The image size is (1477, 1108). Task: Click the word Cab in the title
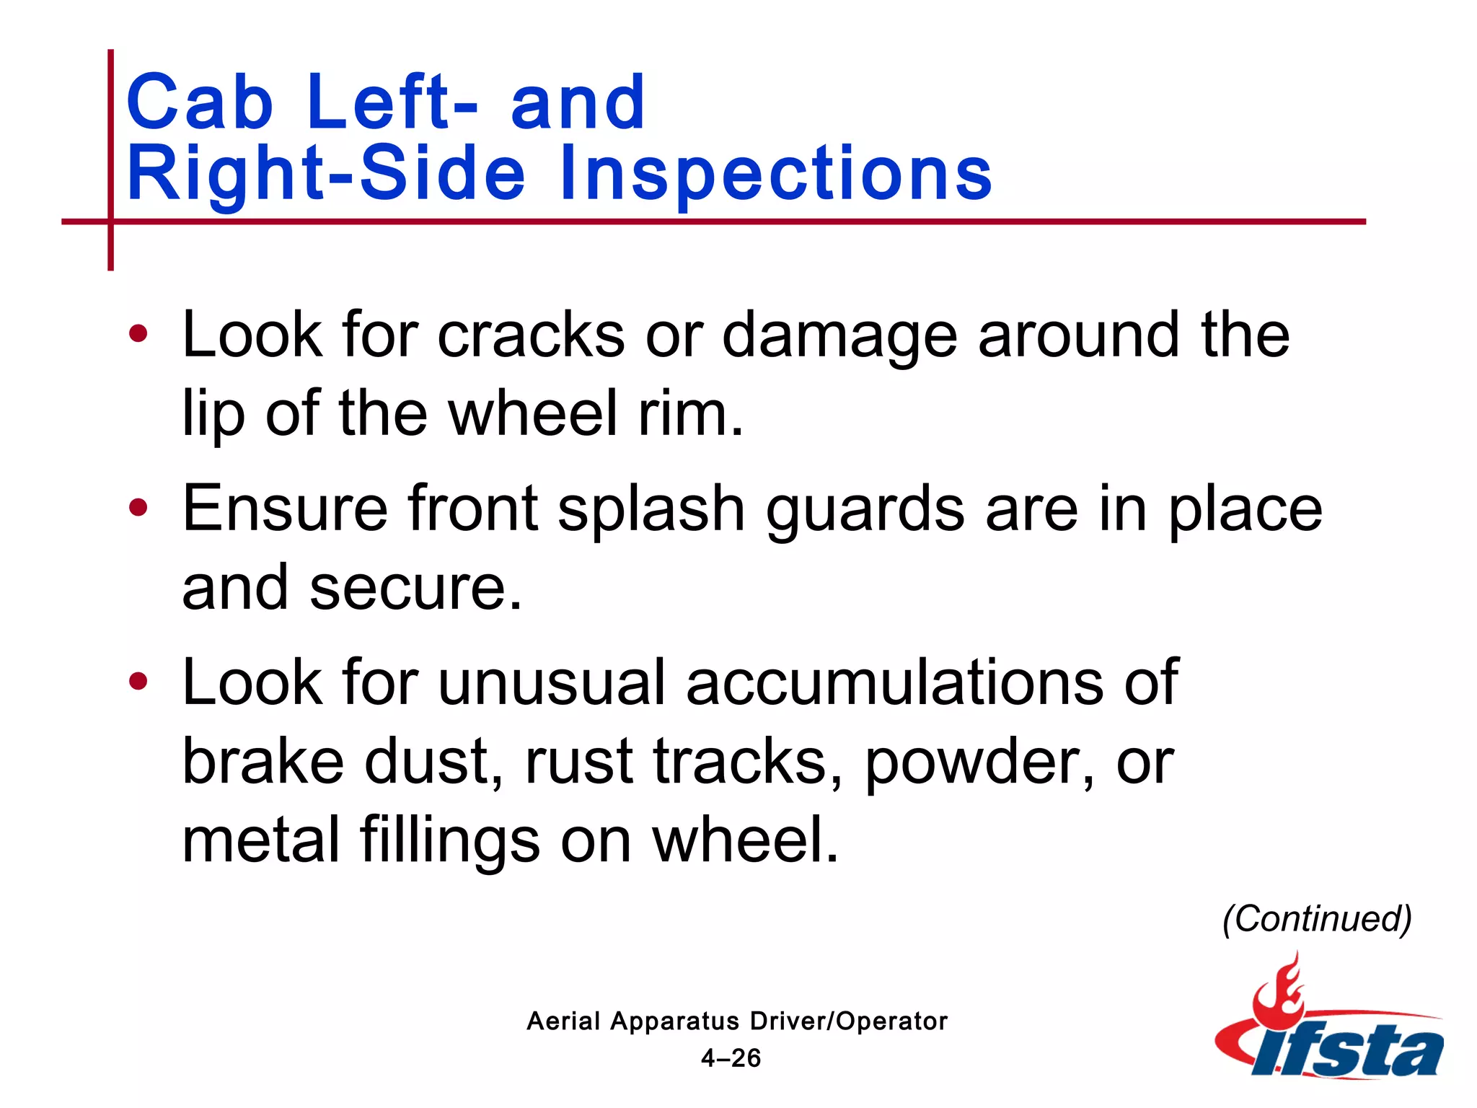(x=199, y=102)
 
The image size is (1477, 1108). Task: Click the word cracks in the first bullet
(x=531, y=335)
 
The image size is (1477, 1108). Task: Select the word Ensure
(x=285, y=509)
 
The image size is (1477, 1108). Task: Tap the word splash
(x=651, y=510)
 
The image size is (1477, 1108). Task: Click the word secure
(x=415, y=588)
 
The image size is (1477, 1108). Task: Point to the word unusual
(x=552, y=682)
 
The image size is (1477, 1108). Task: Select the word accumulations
(x=894, y=682)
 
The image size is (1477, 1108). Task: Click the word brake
(x=263, y=762)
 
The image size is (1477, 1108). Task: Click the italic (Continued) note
(x=1317, y=919)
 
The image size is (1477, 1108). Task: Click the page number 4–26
(x=731, y=1058)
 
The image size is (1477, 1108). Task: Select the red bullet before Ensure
(x=138, y=508)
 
